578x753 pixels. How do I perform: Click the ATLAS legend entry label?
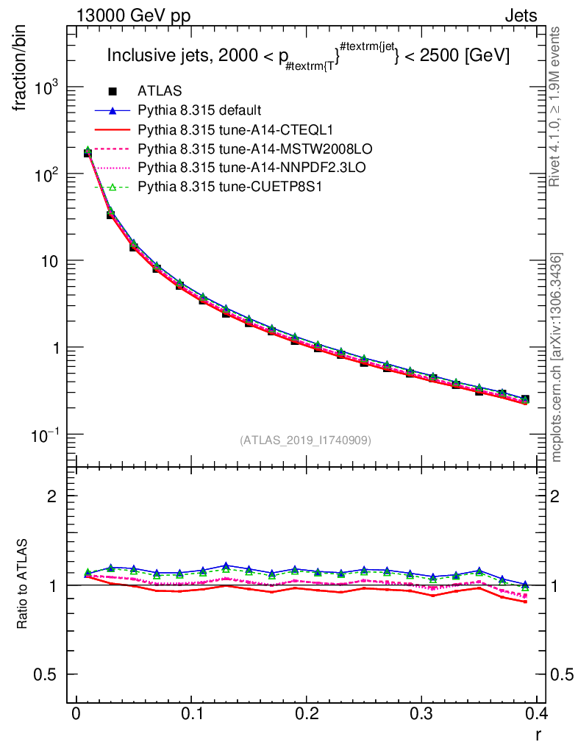pos(160,91)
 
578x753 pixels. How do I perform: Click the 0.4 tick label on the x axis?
pos(538,713)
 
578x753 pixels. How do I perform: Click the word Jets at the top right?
pos(520,15)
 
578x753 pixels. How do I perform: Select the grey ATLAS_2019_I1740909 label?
pos(305,440)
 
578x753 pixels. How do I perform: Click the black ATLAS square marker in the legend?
pos(113,91)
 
